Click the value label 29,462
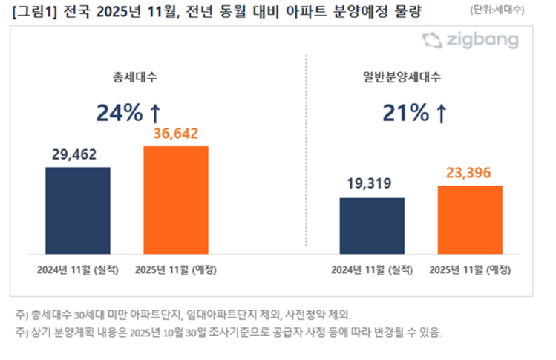(75, 155)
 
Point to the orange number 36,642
(176, 134)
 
